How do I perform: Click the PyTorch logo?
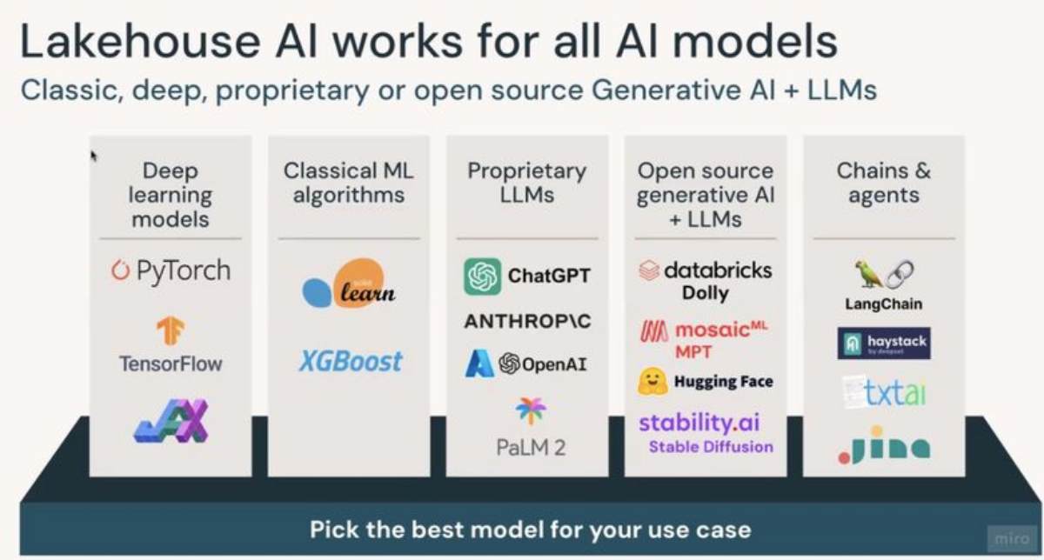click(171, 270)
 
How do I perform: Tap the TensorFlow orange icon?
click(171, 331)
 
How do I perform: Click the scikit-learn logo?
click(349, 283)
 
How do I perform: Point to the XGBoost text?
click(350, 361)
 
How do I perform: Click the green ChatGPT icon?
click(482, 277)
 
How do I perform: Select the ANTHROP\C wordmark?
click(527, 322)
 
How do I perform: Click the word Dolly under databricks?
click(705, 293)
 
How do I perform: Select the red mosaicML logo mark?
click(653, 332)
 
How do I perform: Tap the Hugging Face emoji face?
click(652, 381)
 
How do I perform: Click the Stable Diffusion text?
click(711, 447)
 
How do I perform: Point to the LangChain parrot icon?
click(868, 275)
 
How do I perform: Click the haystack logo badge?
click(884, 343)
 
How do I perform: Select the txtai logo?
click(884, 393)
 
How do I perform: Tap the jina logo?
click(883, 445)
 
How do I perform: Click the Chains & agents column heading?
click(883, 183)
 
